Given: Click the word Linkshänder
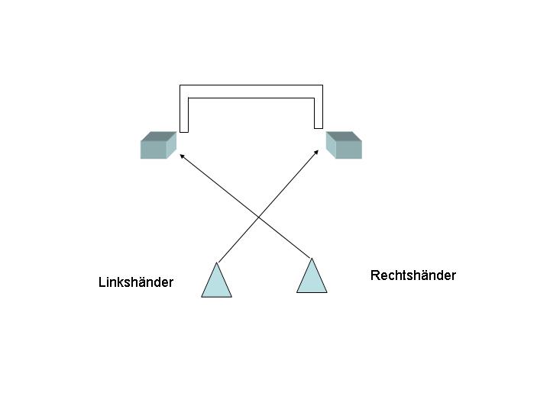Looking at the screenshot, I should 136,282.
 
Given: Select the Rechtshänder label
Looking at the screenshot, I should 412,275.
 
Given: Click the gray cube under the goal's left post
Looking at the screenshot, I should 157,146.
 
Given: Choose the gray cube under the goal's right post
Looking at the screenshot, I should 344,146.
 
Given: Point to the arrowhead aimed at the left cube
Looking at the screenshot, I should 181,155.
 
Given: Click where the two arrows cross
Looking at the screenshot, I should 258,218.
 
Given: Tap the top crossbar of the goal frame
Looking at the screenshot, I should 251,92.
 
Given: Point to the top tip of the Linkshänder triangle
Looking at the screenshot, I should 217,263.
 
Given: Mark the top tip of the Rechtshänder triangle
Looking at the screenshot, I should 312,259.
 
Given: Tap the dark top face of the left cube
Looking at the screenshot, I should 159,136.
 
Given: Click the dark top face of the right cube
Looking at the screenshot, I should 343,136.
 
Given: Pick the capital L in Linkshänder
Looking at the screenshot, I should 102,282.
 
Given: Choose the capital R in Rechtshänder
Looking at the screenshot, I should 374,275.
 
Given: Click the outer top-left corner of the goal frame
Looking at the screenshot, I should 180,85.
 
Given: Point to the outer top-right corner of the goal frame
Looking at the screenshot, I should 322,85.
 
